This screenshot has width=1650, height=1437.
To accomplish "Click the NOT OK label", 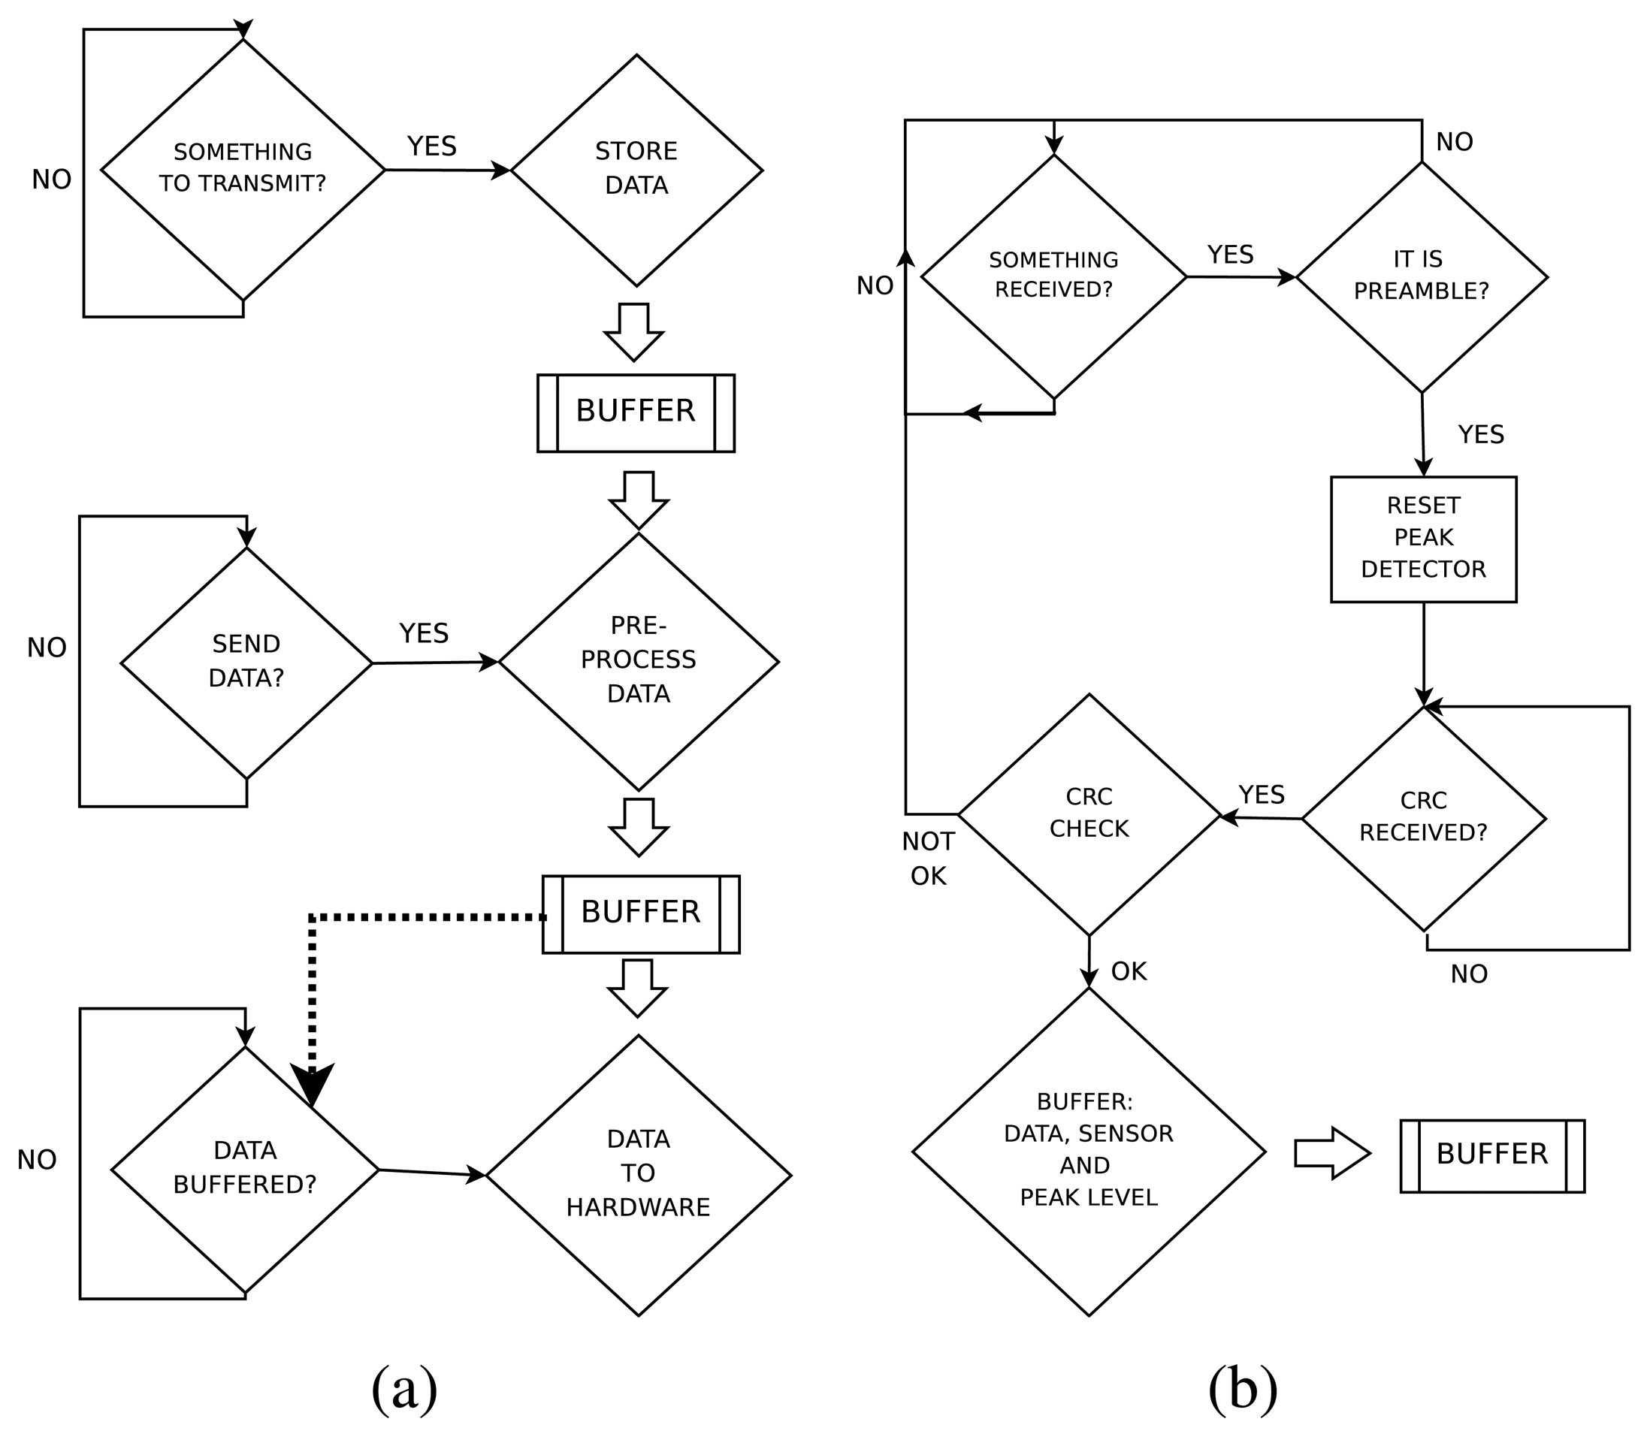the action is (928, 859).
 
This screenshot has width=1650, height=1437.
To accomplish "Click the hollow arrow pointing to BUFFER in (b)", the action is (1332, 1153).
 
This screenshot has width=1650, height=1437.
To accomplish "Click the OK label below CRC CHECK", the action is (1129, 971).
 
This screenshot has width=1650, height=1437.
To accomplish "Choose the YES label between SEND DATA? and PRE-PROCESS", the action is (425, 633).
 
